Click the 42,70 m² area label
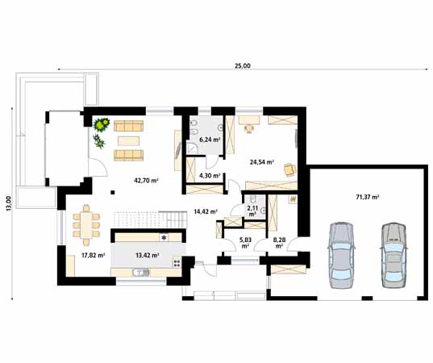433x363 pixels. click(x=146, y=180)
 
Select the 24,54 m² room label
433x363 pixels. click(x=262, y=162)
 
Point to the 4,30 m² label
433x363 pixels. click(x=210, y=174)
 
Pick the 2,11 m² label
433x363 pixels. click(x=252, y=211)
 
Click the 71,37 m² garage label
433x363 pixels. click(x=367, y=196)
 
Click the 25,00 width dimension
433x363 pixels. click(x=240, y=66)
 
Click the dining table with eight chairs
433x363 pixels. click(x=86, y=223)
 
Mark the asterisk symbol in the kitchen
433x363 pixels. click(x=164, y=238)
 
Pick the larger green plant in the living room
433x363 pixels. click(x=102, y=124)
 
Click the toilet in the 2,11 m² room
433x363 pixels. click(x=252, y=200)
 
